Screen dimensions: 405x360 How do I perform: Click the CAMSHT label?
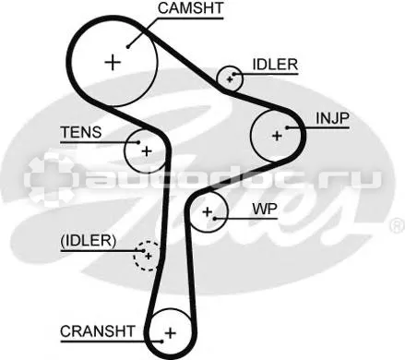(x=190, y=8)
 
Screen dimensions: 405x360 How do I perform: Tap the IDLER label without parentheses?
(x=275, y=65)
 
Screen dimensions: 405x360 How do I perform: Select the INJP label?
(x=333, y=118)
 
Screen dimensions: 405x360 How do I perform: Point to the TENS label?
(x=81, y=132)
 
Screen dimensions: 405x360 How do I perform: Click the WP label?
(x=265, y=209)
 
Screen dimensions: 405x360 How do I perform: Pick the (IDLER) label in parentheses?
(x=89, y=241)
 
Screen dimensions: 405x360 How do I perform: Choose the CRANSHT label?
(x=98, y=331)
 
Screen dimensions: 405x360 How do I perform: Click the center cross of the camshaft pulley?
(x=113, y=63)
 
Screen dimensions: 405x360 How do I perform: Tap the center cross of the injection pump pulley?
(x=277, y=136)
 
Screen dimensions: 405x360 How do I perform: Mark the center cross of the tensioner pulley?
(x=147, y=151)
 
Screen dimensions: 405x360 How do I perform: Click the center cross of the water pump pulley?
(x=208, y=211)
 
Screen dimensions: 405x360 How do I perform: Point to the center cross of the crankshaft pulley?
(x=170, y=332)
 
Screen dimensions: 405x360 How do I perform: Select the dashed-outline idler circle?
(x=134, y=257)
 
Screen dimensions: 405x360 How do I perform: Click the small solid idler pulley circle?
(x=217, y=78)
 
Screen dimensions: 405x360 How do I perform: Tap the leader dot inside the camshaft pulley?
(x=127, y=47)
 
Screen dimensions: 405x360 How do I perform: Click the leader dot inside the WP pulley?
(x=215, y=219)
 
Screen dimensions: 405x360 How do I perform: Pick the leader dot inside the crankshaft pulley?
(x=161, y=341)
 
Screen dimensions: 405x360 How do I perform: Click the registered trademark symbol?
(x=397, y=225)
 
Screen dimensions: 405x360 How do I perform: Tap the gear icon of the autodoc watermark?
(x=50, y=178)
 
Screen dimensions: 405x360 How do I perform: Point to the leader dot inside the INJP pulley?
(x=287, y=127)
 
